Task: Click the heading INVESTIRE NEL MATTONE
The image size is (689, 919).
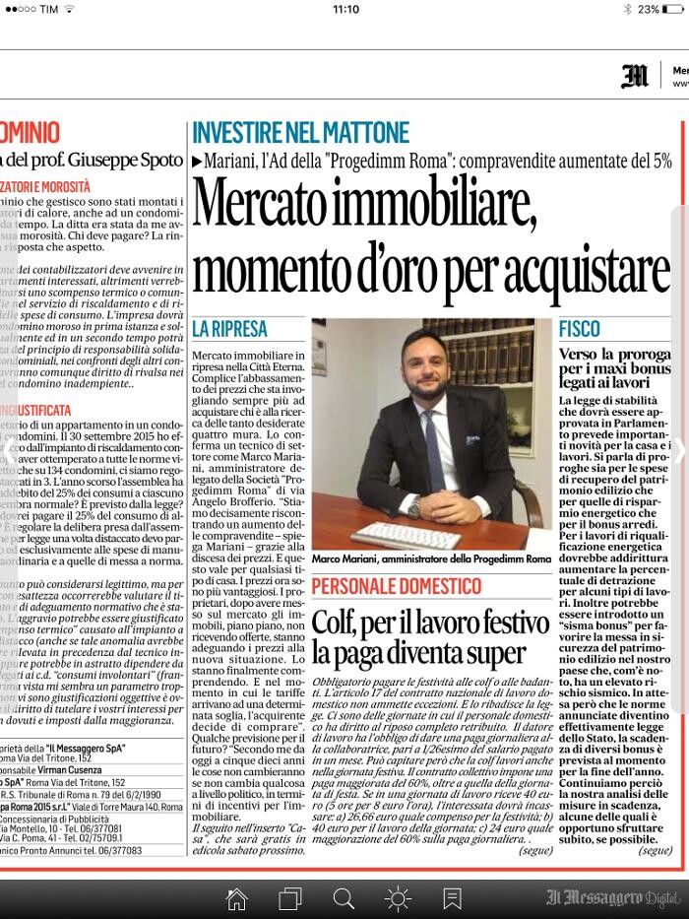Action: (300, 132)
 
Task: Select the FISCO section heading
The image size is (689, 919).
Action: (580, 328)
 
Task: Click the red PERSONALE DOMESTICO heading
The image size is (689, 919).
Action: (397, 587)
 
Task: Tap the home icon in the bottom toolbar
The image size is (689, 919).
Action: (236, 898)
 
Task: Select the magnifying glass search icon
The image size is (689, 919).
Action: (344, 898)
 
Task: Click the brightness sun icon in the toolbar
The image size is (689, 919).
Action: (398, 898)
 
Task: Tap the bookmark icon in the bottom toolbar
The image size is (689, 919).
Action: (452, 898)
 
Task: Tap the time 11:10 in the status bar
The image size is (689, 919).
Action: (345, 9)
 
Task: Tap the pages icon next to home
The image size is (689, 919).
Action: (289, 898)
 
